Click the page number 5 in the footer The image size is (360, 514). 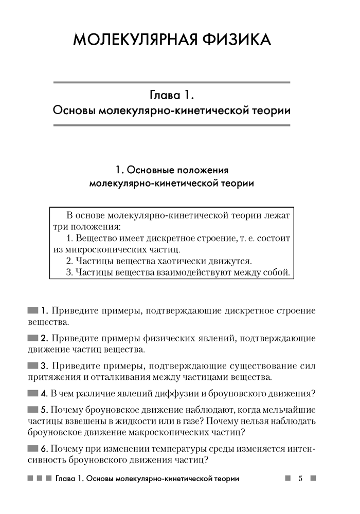[x=300, y=479]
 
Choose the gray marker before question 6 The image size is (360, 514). [x=33, y=448]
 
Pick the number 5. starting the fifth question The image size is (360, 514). [x=44, y=410]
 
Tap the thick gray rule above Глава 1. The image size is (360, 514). [x=171, y=82]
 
